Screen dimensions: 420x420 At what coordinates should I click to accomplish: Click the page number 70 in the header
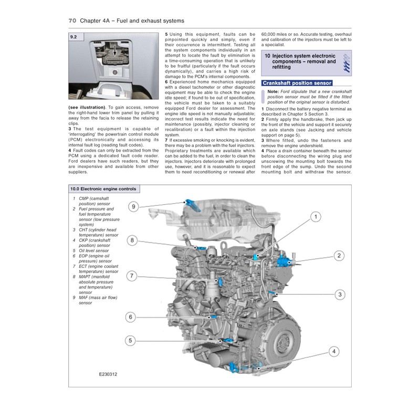click(x=73, y=20)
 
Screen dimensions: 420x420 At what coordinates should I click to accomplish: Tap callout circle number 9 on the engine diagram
click(x=133, y=207)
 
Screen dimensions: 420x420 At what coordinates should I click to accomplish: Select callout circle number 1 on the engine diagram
click(x=315, y=216)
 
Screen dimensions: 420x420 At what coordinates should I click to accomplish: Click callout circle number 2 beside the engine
click(x=340, y=256)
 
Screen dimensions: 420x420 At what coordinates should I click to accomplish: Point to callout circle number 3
click(x=340, y=295)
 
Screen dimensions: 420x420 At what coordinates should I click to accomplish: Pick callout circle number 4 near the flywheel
click(x=334, y=352)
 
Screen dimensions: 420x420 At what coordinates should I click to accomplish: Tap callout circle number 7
click(x=132, y=275)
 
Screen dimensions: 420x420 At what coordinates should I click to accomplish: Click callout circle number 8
click(x=132, y=240)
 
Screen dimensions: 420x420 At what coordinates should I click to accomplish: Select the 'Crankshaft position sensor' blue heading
click(x=297, y=83)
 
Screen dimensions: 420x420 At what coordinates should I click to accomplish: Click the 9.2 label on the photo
click(x=74, y=37)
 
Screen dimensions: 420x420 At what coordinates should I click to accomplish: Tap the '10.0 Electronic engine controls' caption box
click(x=103, y=189)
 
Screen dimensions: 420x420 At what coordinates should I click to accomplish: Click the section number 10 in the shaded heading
click(x=268, y=55)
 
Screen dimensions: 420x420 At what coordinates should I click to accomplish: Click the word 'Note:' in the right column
click(x=274, y=91)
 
